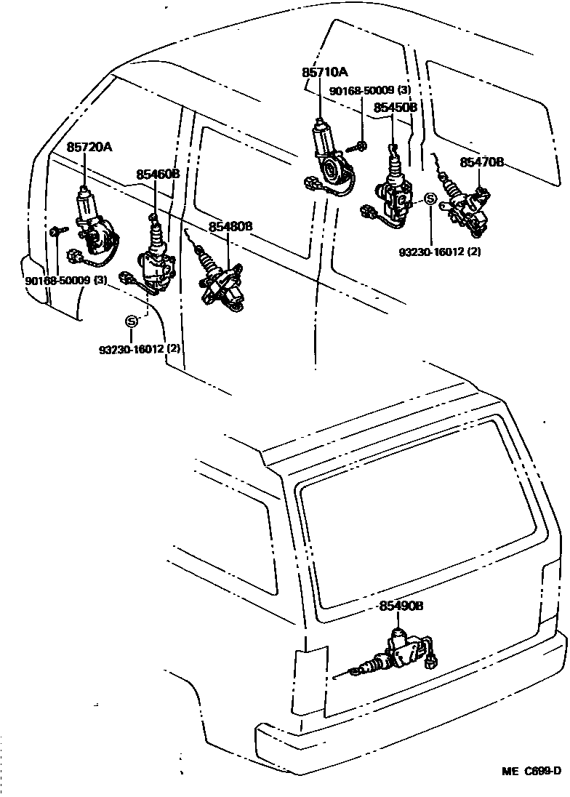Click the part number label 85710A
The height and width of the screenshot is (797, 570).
click(325, 72)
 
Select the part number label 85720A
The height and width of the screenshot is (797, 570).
click(89, 148)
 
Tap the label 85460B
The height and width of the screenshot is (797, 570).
click(158, 175)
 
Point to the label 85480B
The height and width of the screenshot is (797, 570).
click(230, 227)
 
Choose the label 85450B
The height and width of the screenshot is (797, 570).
click(396, 107)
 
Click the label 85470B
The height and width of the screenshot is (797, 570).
click(481, 163)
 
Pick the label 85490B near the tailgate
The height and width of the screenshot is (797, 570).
click(401, 605)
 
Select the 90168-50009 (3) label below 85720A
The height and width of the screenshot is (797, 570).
click(66, 280)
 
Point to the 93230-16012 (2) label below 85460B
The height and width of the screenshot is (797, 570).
click(140, 348)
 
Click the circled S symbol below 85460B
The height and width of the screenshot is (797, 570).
click(132, 321)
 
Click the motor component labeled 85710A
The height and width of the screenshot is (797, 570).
click(329, 156)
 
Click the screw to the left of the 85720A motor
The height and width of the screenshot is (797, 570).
click(57, 232)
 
